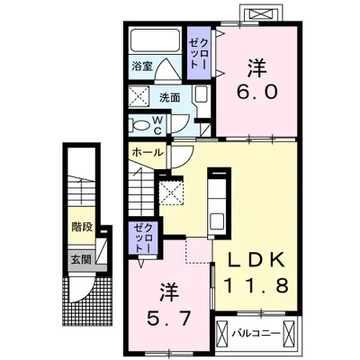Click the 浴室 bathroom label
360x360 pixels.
click(x=142, y=66)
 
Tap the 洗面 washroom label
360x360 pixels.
click(x=169, y=98)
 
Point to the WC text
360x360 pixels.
click(x=158, y=125)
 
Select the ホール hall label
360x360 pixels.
click(x=148, y=153)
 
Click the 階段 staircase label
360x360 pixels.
click(x=82, y=227)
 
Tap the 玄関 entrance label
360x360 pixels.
click(x=81, y=259)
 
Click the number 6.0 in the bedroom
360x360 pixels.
click(x=256, y=92)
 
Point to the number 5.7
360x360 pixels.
click(x=169, y=318)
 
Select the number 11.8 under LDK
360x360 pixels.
click(x=256, y=285)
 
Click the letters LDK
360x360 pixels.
click(x=256, y=260)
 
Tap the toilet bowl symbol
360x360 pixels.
click(x=140, y=125)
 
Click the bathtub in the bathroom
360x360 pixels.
click(x=155, y=40)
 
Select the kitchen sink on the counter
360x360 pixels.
click(x=217, y=221)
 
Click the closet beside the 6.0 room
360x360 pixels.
click(x=199, y=53)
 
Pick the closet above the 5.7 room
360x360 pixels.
click(x=143, y=239)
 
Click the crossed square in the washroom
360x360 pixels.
click(x=139, y=95)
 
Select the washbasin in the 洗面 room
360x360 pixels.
click(x=200, y=94)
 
